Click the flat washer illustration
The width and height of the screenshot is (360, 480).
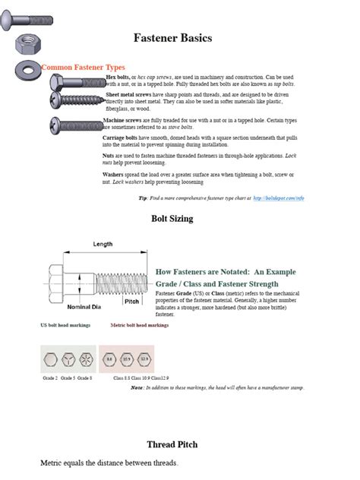(30, 70)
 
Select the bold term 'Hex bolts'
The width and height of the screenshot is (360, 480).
(118, 77)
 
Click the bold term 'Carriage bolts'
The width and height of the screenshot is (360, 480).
(122, 138)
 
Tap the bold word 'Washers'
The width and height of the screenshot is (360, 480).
(116, 174)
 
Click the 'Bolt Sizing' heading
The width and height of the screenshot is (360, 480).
(172, 219)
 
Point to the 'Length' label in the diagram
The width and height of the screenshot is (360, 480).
(103, 244)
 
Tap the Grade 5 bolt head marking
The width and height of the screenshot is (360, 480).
(70, 357)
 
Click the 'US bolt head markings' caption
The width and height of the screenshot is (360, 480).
(65, 325)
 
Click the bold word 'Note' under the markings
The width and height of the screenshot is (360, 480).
(137, 387)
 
